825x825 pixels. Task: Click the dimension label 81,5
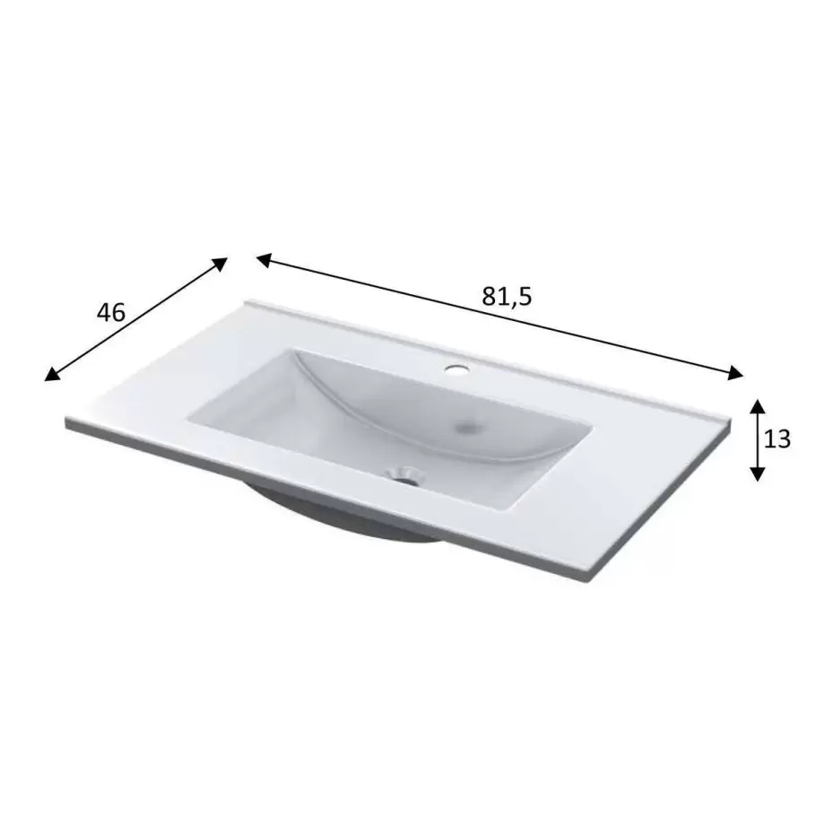(507, 298)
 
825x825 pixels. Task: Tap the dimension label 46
(111, 313)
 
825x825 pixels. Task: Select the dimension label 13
(777, 439)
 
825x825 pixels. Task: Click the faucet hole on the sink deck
(456, 369)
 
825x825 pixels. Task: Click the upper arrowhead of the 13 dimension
(757, 405)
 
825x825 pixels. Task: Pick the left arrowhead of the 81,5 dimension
(265, 260)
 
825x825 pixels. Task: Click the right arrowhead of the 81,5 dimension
(735, 373)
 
